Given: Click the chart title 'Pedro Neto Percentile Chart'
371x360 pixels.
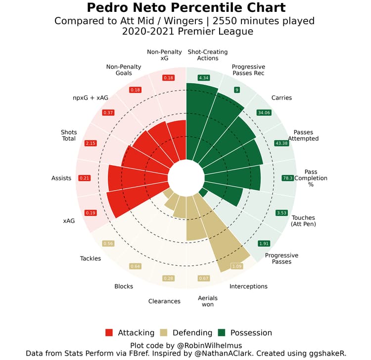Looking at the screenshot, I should coord(186,8).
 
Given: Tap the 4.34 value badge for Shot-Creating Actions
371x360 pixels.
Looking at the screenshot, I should coord(203,78).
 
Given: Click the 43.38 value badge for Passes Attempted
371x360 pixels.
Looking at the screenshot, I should coord(281,143).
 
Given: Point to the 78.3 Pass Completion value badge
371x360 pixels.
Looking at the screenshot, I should coord(288,178).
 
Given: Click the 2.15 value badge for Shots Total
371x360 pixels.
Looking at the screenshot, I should coord(91,143).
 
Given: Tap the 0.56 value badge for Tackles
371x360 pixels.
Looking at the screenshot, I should coord(108,243).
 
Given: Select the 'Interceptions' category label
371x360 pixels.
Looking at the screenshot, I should coord(248,286).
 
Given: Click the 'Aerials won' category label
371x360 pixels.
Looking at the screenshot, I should coord(208,301).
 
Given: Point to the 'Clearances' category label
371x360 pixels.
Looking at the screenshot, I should coord(164,301).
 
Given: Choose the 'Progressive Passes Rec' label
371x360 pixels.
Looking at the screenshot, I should coord(248,70).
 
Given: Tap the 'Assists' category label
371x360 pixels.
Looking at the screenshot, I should coord(61,178).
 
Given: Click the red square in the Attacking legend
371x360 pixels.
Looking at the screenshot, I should coord(109,332).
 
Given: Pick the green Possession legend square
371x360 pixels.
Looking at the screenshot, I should coord(222,332).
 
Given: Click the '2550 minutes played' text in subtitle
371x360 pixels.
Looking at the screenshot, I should coord(264,21).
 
